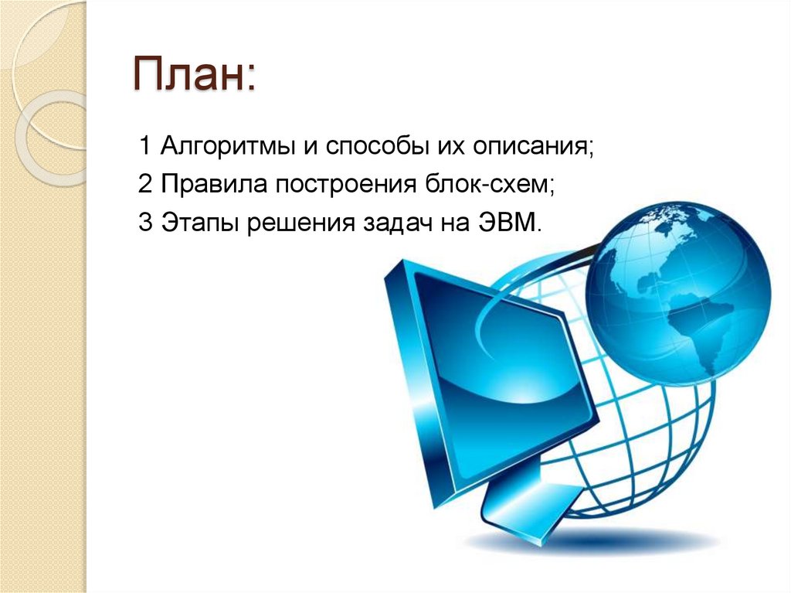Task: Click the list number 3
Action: click(144, 224)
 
